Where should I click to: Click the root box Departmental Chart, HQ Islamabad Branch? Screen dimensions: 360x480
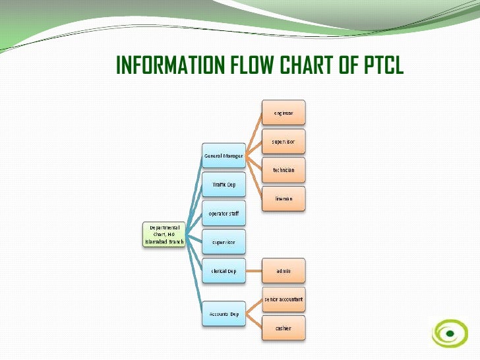point(164,234)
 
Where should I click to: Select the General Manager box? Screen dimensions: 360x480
point(223,156)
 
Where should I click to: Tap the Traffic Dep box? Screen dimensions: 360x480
point(223,184)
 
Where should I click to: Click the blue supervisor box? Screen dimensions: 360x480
point(223,241)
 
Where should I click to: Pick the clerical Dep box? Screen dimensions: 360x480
point(223,270)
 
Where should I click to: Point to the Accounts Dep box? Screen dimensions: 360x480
point(223,313)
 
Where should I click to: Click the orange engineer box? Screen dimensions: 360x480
point(284,113)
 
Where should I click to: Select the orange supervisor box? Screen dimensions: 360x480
point(284,141)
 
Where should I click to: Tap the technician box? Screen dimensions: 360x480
point(284,169)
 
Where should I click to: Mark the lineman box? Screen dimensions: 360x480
point(284,198)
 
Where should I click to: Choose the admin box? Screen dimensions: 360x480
point(284,270)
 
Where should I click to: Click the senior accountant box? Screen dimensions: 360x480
point(284,299)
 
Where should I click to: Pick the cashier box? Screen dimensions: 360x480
point(284,328)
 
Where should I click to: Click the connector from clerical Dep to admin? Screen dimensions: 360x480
point(254,270)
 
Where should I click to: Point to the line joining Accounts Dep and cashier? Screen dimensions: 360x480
point(255,321)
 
